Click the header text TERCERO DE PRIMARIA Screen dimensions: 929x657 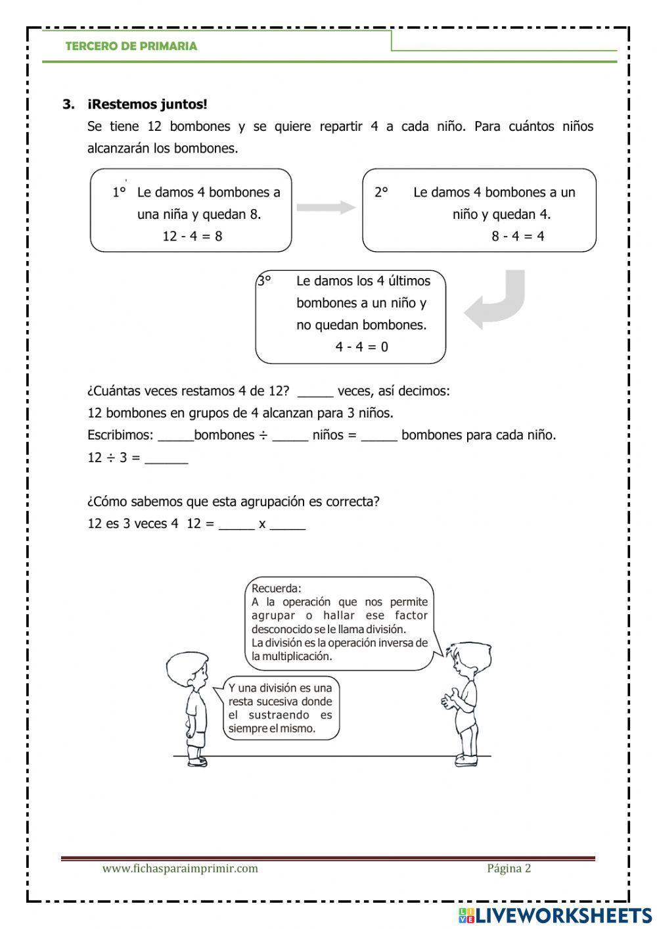[131, 46]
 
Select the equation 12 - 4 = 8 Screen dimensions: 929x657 [192, 236]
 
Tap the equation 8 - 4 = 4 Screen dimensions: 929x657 [518, 236]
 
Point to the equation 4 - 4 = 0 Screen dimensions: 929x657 [361, 346]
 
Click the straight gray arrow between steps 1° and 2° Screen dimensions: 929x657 [326, 208]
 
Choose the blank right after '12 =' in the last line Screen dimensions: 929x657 [237, 525]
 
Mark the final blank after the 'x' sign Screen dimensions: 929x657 [288, 525]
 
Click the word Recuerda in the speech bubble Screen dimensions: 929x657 [276, 588]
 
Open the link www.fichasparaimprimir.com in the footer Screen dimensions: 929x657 [180, 869]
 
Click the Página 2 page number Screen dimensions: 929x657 [509, 869]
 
